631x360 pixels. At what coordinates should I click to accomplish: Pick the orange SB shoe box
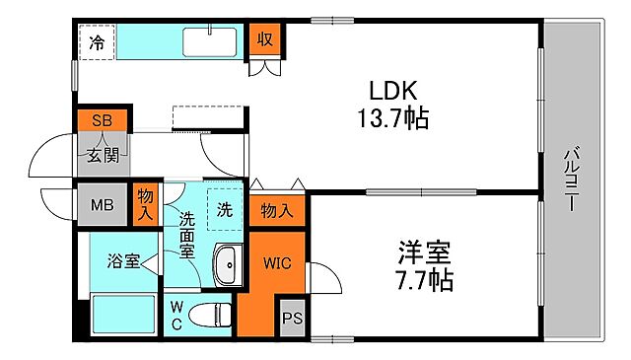(102, 120)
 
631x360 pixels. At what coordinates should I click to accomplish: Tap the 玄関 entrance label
(102, 154)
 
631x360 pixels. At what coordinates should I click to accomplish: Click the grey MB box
(102, 205)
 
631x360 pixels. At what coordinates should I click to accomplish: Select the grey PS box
(292, 318)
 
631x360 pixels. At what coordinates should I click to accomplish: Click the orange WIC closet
(275, 263)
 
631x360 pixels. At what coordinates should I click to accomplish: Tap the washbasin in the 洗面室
(226, 264)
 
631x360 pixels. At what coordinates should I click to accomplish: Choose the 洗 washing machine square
(224, 208)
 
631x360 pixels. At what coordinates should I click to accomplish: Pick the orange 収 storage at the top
(265, 39)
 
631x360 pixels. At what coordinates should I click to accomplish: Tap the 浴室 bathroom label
(123, 261)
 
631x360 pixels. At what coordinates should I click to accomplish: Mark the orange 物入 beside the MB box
(146, 204)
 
